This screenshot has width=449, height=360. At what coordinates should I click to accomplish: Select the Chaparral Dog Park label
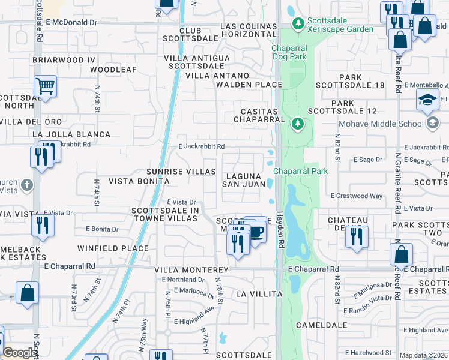tap(289, 52)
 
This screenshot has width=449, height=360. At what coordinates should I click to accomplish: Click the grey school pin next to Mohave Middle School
tap(432, 124)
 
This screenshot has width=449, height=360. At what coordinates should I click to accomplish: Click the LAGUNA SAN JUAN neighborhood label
tap(244, 180)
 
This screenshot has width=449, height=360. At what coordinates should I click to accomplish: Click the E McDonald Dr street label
tap(71, 22)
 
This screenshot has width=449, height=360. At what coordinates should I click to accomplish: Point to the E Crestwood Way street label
tap(357, 196)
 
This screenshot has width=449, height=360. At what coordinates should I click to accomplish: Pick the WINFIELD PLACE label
tap(113, 248)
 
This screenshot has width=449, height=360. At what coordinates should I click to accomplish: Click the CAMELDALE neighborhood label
tap(321, 325)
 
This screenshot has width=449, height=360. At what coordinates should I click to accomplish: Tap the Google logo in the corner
tap(20, 353)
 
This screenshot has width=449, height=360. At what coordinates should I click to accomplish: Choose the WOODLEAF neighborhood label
tap(113, 70)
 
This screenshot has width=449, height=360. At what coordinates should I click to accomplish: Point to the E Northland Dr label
tap(186, 280)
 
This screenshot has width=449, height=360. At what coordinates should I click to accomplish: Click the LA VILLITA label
tap(259, 294)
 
